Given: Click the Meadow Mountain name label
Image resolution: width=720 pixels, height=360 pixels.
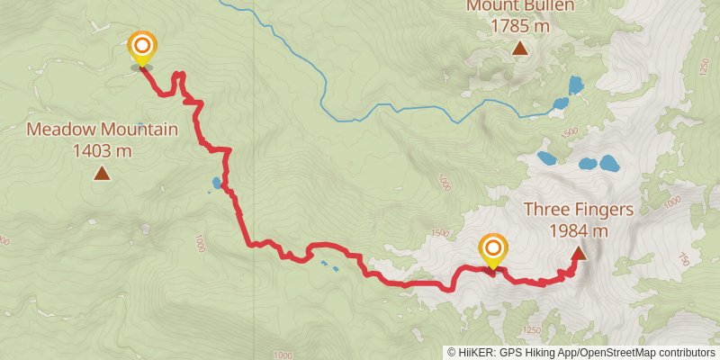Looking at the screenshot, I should pos(102,130).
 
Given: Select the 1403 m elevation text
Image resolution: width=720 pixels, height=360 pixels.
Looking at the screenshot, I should pos(102,150).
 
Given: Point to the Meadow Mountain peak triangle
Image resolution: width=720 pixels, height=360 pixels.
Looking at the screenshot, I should pos(102,172).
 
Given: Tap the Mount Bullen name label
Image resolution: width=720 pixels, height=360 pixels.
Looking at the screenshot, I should pos(520,6).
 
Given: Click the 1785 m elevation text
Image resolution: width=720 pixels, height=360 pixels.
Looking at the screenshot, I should pos(520,26).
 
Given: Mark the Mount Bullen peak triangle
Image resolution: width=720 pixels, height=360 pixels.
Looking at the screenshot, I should pos(520,48).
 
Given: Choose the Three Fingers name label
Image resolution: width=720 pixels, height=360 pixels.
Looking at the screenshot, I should pos(579,210).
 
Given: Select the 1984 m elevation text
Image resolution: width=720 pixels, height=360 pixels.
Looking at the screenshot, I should pos(579,230).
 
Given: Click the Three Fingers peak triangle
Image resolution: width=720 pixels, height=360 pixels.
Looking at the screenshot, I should pos(578,253).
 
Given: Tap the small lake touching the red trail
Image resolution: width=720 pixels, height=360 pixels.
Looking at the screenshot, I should pos(217,184).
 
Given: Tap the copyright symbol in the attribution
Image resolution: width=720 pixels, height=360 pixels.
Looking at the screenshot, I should pos(452,353).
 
